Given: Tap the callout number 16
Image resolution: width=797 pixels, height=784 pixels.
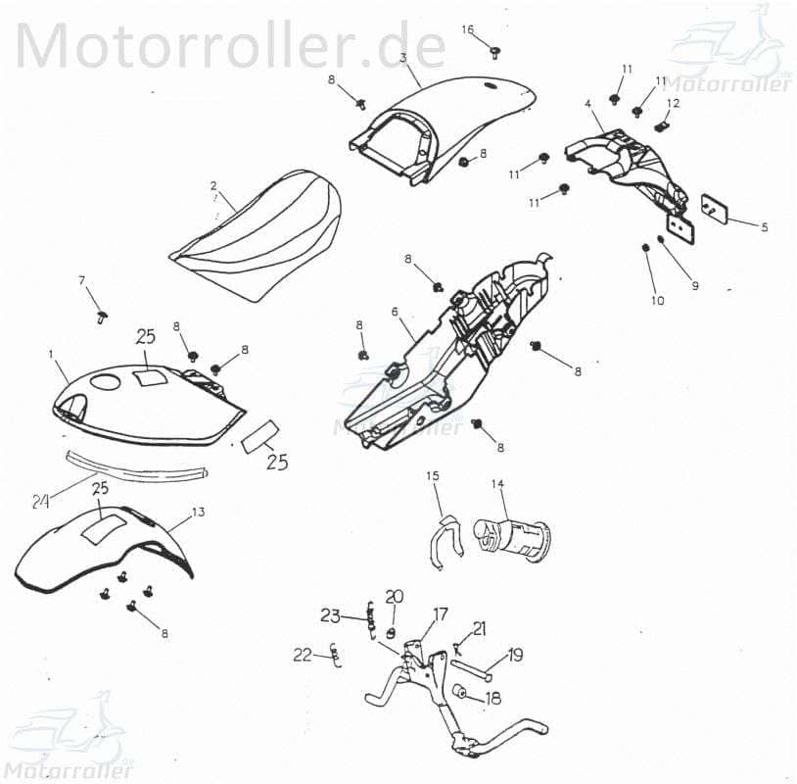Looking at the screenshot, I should click(468, 29).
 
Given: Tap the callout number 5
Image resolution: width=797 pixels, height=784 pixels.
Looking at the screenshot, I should click(765, 226).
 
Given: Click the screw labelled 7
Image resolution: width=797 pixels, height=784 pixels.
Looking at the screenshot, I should click(102, 316).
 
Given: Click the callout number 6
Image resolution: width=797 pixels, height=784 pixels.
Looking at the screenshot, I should click(395, 312).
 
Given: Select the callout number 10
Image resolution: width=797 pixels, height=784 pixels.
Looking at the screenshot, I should click(657, 300).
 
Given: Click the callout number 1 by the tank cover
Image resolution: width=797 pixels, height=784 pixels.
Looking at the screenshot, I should click(51, 351).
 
